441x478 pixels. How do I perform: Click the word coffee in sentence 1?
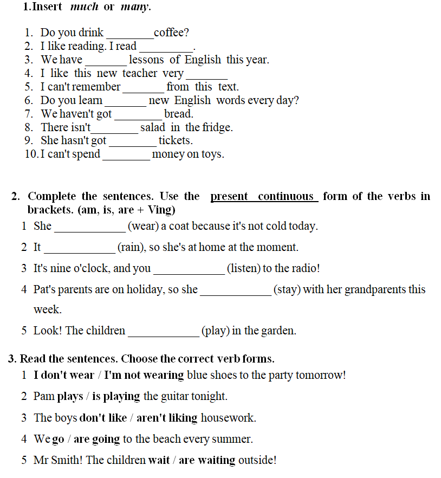[170, 33]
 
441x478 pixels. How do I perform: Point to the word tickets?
[174, 140]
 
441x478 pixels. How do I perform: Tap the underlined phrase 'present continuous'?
[264, 196]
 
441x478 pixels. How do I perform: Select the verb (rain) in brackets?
[129, 247]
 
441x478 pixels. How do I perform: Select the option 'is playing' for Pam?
[116, 396]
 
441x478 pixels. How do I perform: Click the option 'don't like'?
[103, 418]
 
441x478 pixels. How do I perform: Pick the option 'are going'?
[97, 439]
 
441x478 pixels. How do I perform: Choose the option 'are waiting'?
[207, 460]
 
